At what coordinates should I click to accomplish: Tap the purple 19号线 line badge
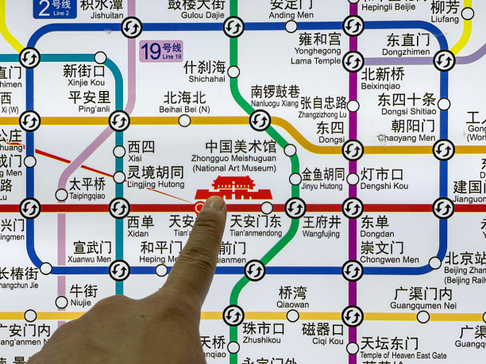(160, 51)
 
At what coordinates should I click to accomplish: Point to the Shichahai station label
(204, 72)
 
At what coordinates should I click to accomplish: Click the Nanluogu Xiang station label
(275, 97)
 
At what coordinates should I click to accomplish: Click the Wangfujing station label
(322, 227)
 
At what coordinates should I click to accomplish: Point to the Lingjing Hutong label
(156, 178)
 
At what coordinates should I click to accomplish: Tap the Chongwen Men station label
(388, 253)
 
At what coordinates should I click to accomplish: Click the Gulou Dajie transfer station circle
(233, 27)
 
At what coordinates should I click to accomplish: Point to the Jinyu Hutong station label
(322, 179)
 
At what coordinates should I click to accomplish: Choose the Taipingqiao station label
(87, 187)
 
